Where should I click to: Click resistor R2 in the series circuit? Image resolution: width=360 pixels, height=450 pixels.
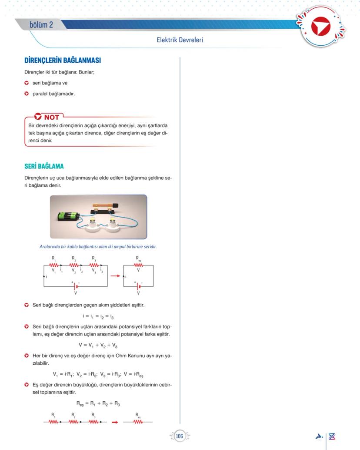[x=74, y=265]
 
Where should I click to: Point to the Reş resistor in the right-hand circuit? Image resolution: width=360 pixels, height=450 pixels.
[x=138, y=265]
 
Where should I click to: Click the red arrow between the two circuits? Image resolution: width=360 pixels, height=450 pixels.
[x=115, y=276]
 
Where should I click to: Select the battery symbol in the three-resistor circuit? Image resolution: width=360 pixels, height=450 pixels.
[x=76, y=286]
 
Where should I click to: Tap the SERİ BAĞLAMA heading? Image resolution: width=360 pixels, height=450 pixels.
[x=44, y=166]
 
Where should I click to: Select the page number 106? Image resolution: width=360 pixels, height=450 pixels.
[x=179, y=436]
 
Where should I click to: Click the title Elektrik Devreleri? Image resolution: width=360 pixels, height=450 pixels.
[x=180, y=40]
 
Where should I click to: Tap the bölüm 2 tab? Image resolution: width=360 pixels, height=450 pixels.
[x=41, y=25]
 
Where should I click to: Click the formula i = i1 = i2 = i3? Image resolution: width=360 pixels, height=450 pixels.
[x=98, y=316]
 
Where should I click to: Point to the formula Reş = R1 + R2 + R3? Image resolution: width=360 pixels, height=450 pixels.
[x=98, y=403]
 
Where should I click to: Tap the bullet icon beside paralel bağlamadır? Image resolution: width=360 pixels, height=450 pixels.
[x=27, y=93]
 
